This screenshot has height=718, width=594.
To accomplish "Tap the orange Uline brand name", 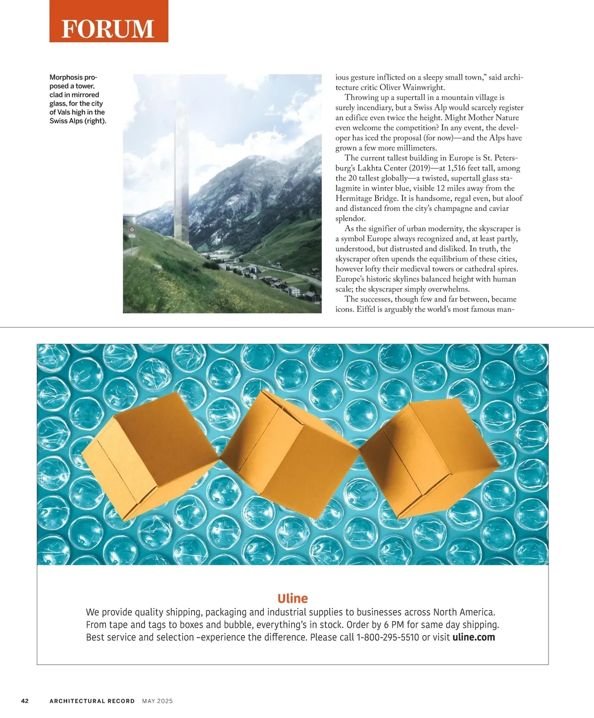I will point(293,598).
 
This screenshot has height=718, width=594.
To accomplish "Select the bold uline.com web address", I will point(474,637).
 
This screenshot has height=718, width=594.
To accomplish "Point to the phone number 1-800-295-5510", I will point(388,637).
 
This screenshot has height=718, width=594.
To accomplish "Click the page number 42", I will point(25,701).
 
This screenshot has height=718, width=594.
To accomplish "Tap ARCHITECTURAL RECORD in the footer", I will point(92,701).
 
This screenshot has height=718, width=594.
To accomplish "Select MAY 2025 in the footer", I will point(157,701).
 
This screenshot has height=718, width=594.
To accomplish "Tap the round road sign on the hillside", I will point(132,230).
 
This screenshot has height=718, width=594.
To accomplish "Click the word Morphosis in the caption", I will point(66,77).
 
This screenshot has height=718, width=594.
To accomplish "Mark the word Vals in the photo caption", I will point(64,112).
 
